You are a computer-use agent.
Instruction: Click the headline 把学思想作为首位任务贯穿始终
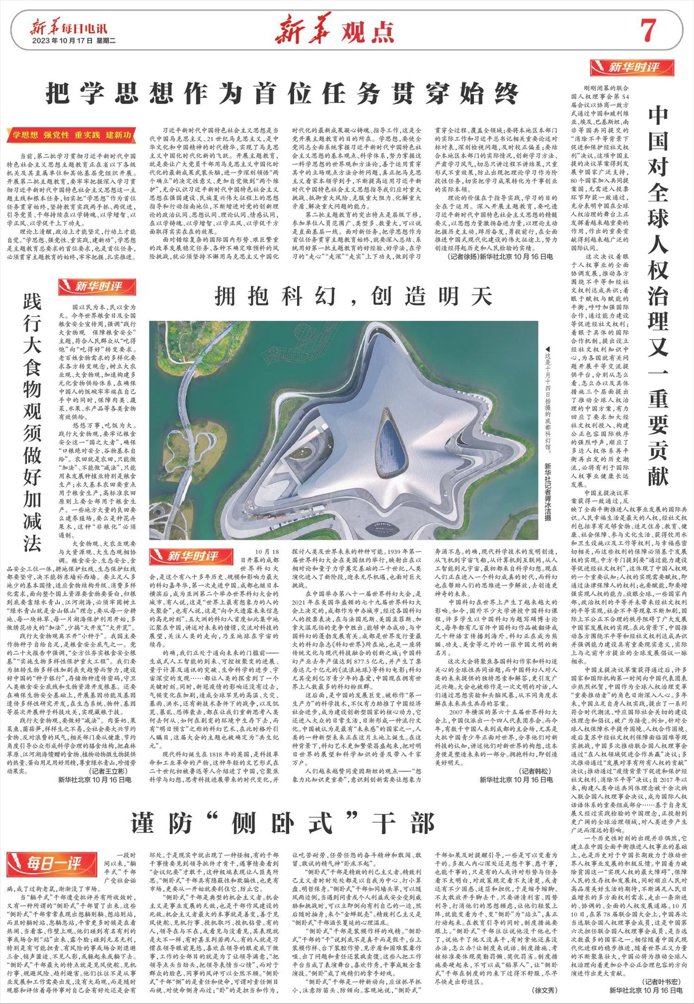282,93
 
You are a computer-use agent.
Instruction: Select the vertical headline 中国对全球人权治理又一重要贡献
657,297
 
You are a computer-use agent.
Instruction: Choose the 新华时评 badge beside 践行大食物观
97,287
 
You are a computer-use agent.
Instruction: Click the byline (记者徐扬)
464,256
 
